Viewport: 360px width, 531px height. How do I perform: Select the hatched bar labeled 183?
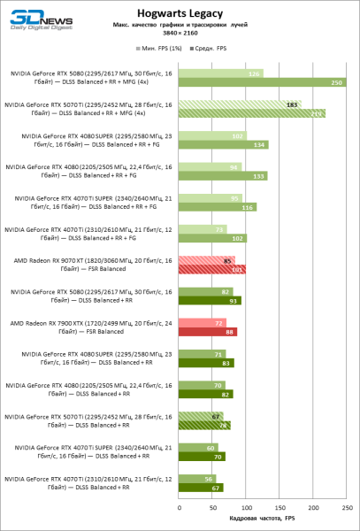click(x=240, y=104)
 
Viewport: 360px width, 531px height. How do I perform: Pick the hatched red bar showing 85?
click(x=207, y=260)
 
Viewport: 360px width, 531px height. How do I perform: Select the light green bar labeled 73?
click(x=203, y=228)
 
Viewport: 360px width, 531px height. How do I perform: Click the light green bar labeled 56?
click(x=197, y=477)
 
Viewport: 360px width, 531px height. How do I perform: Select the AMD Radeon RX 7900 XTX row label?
click(x=92, y=327)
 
